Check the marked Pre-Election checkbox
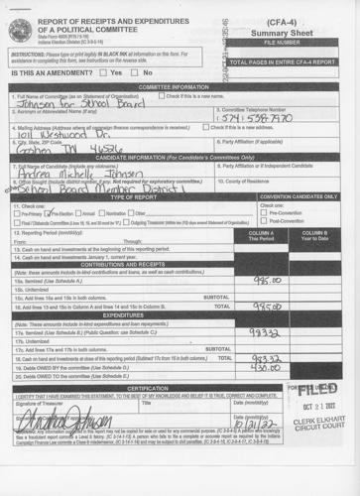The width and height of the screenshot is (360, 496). pos(50,213)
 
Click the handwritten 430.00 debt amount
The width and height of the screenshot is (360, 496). pos(264,396)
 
